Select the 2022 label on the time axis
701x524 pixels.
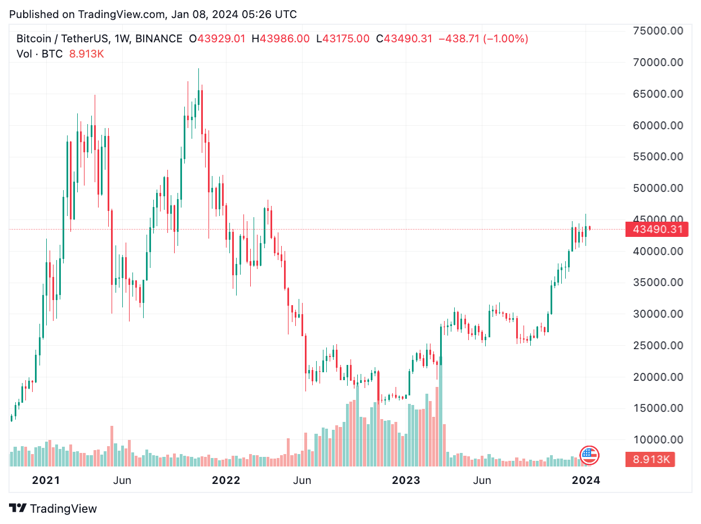pos(225,481)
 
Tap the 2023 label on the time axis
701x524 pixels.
pos(406,481)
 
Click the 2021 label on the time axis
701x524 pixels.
pos(46,481)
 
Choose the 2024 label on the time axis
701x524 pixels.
pos(585,481)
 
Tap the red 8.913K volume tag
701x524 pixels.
pos(650,459)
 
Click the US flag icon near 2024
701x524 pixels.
pos(589,455)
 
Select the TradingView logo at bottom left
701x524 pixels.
pos(54,508)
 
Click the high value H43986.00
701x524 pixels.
pos(281,39)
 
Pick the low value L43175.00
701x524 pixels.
pos(343,39)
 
